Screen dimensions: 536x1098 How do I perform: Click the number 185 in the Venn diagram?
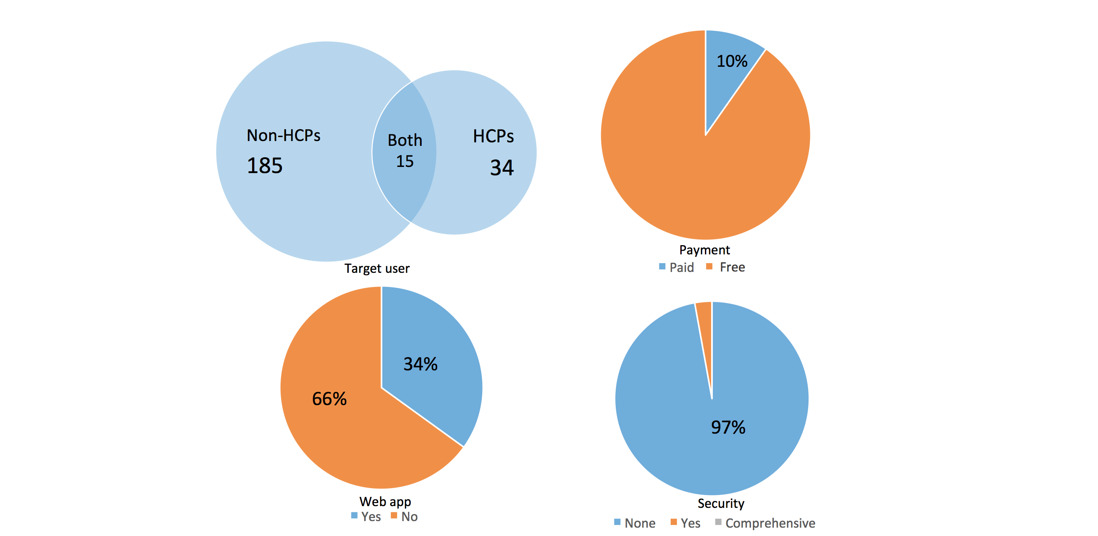point(265,166)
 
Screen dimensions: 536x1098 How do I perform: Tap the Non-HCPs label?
point(283,135)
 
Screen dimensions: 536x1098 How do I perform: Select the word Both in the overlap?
point(405,141)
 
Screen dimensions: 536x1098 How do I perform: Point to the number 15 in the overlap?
point(405,161)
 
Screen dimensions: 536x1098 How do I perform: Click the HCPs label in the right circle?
point(493,137)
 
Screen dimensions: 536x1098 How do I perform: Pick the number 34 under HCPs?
point(502,168)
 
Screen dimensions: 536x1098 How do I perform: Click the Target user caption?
point(377,268)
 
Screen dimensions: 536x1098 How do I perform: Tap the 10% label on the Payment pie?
point(732,61)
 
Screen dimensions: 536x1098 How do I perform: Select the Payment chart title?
point(704,250)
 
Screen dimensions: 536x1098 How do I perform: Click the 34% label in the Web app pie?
point(420,364)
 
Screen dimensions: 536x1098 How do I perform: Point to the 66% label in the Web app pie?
point(329,399)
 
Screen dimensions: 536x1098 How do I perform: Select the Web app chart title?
point(385,501)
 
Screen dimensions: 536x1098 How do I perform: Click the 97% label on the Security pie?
point(728,427)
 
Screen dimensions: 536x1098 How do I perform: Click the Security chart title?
point(721,503)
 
